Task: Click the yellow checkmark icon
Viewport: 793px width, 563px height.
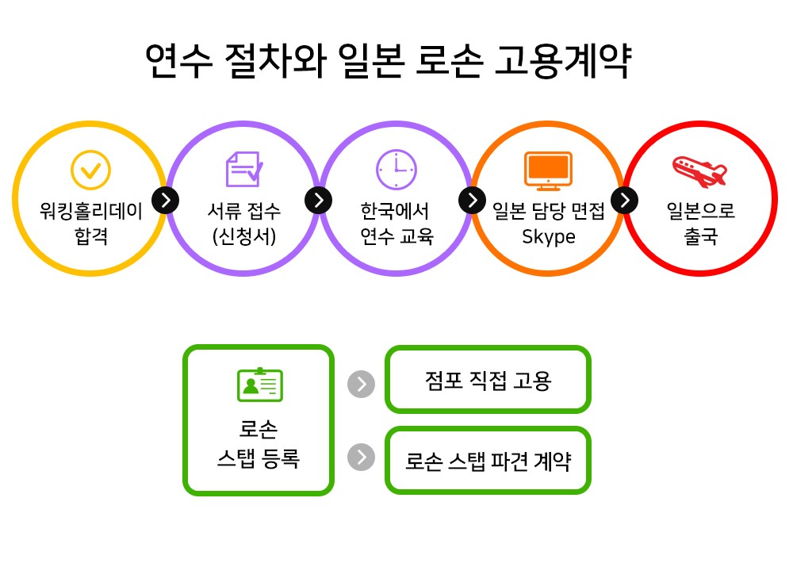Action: click(90, 170)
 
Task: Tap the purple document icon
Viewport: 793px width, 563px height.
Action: click(244, 169)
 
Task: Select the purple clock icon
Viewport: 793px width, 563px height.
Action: click(396, 170)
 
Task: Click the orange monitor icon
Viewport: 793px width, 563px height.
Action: click(548, 171)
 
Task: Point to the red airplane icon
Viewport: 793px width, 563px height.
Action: click(699, 171)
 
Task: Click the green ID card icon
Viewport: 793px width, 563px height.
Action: click(260, 385)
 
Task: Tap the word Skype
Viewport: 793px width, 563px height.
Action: click(549, 237)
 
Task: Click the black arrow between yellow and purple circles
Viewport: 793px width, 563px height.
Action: click(166, 201)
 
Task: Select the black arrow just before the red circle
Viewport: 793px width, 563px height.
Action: click(625, 201)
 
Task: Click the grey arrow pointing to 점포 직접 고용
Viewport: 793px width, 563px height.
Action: click(361, 384)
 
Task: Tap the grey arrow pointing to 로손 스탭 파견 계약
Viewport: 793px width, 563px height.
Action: click(361, 458)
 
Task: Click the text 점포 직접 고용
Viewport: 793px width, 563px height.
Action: click(488, 381)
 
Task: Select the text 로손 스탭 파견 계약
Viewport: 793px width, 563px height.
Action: click(488, 461)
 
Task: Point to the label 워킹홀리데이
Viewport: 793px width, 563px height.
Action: click(91, 211)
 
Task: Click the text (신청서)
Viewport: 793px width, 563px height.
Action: click(244, 236)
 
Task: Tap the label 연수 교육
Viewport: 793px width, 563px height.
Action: click(396, 236)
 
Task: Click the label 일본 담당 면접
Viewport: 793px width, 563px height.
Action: click(549, 211)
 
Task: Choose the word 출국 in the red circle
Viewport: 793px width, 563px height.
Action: click(700, 236)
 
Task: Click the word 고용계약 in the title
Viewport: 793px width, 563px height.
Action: click(563, 61)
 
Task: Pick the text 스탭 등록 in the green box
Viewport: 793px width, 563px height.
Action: click(259, 458)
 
